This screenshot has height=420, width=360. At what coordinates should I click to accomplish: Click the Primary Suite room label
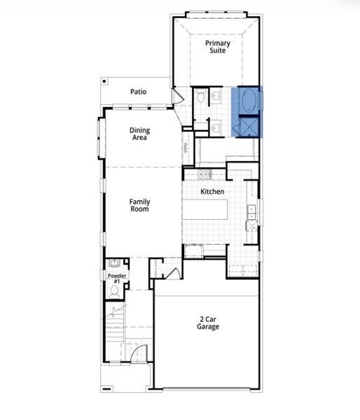tap(217, 47)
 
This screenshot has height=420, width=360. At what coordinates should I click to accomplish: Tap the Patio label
tap(139, 92)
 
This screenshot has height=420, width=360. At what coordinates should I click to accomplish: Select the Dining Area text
tap(139, 134)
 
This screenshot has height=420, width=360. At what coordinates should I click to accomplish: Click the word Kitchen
tap(212, 192)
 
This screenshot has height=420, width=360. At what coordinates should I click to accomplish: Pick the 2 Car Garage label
tap(207, 323)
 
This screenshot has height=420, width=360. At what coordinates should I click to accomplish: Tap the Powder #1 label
tap(116, 278)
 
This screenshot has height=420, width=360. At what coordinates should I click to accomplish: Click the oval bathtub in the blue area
tap(249, 101)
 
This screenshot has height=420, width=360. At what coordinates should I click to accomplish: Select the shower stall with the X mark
tap(250, 126)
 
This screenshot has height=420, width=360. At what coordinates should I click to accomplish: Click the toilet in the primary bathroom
tap(200, 97)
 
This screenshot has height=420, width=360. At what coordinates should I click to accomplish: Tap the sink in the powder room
tap(114, 265)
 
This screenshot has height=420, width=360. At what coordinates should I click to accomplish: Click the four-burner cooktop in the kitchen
tap(205, 174)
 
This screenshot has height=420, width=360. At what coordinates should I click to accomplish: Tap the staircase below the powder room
tap(114, 329)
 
